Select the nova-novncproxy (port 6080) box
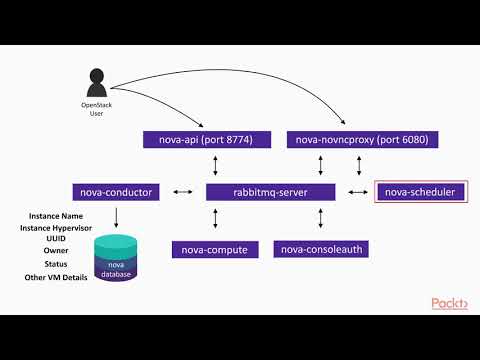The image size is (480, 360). coord(361,140)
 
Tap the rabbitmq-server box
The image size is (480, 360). coord(269,191)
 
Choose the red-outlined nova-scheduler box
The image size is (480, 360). coord(420,191)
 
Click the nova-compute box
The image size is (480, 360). coord(215,249)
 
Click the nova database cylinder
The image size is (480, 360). coord(121,258)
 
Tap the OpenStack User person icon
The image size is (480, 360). coord(97,83)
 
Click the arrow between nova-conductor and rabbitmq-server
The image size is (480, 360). coord(183,191)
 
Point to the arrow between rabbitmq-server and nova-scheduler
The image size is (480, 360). coord(356,191)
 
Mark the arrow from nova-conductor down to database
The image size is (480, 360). coord(118,216)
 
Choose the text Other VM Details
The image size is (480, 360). coord(56,276)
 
